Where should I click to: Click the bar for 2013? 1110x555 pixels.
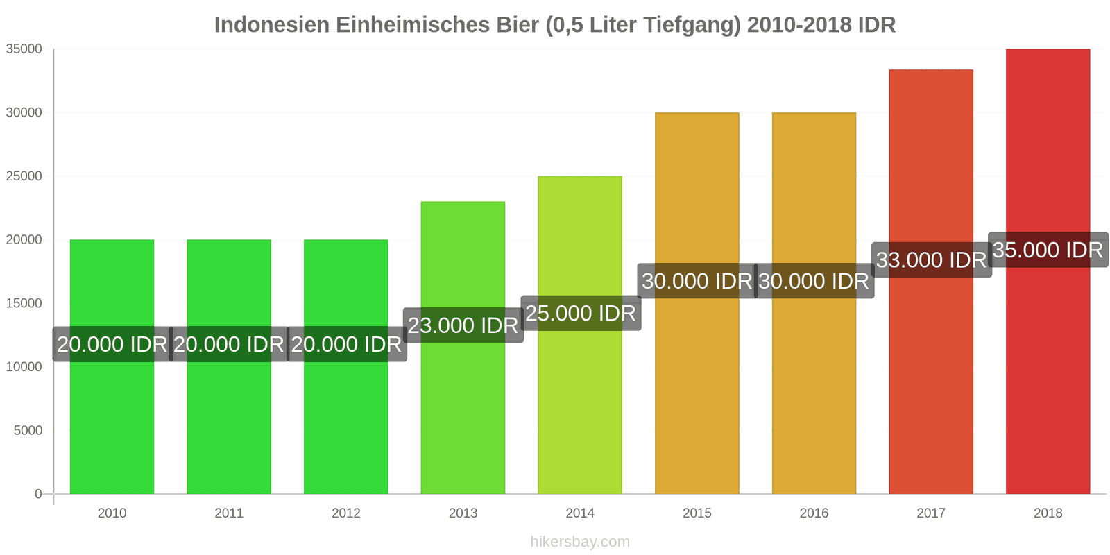click(463, 416)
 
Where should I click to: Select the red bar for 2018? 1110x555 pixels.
click(1048, 382)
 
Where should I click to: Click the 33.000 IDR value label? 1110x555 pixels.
click(931, 260)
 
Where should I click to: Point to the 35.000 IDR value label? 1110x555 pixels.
click(1048, 250)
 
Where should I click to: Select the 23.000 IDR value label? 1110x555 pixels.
click(463, 325)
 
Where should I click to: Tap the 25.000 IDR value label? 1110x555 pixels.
click(580, 313)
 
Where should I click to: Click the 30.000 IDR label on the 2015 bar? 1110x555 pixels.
click(697, 281)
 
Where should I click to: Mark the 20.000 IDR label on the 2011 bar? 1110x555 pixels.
click(229, 344)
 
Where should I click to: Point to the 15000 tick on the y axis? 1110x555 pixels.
click(24, 303)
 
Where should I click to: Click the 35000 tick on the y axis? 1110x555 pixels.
click(24, 49)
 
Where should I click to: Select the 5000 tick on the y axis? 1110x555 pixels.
click(28, 430)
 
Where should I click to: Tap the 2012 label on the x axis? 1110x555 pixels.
click(345, 513)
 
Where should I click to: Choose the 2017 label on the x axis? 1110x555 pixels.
click(931, 513)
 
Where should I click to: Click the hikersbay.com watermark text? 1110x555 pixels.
click(580, 542)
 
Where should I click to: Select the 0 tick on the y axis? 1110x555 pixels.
click(38, 494)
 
